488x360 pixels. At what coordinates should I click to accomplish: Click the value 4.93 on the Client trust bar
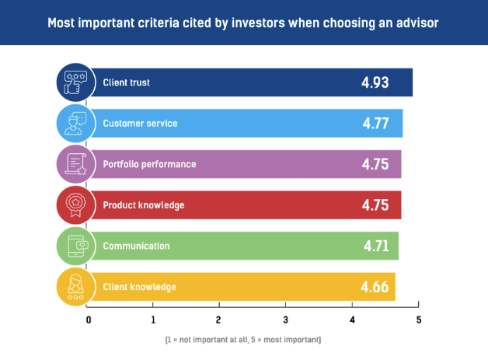[x=375, y=82]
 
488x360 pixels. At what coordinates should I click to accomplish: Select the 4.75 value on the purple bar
[x=375, y=164]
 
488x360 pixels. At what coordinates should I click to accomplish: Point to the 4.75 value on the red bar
[x=375, y=205]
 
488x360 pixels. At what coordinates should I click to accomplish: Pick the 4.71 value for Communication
[x=375, y=246]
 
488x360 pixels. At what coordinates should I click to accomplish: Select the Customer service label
[x=140, y=124]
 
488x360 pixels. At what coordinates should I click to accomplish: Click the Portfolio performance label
[x=149, y=164]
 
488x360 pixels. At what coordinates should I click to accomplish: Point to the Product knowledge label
[x=144, y=205]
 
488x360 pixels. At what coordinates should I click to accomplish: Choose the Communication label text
[x=136, y=246]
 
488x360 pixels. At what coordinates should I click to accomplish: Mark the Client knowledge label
[x=139, y=287]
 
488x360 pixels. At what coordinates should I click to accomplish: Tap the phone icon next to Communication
[x=75, y=246]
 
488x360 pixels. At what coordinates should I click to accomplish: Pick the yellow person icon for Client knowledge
[x=75, y=287]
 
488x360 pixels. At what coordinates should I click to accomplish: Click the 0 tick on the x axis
[x=89, y=320]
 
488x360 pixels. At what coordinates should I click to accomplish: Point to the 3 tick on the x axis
[x=286, y=320]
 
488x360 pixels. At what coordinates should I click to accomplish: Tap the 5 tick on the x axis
[x=418, y=320]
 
